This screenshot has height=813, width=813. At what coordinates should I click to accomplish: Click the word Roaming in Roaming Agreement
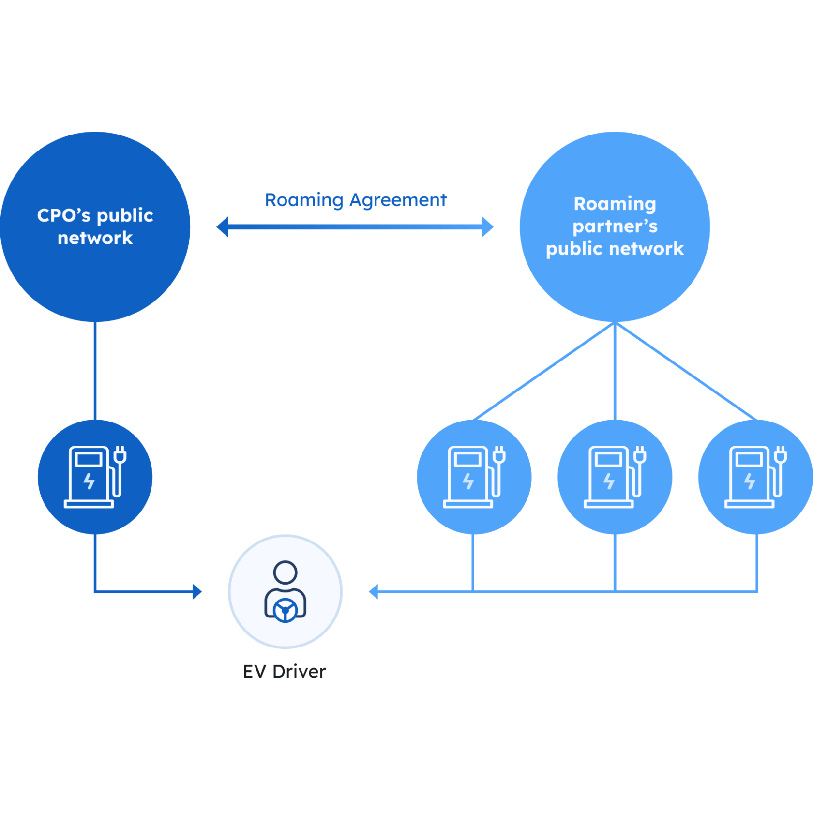(304, 200)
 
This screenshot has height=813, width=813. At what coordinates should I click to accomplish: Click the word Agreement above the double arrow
(398, 200)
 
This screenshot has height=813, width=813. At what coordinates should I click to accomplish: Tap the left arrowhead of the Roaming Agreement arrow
(222, 227)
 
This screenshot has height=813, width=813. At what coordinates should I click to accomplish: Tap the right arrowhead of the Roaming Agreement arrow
(488, 227)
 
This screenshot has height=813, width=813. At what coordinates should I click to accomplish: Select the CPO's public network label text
(95, 226)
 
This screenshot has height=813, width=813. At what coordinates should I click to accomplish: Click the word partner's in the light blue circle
(615, 226)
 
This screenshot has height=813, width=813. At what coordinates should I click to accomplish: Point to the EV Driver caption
(285, 672)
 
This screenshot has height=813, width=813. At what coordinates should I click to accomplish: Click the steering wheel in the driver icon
(285, 610)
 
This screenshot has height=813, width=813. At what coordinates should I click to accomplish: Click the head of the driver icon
(285, 572)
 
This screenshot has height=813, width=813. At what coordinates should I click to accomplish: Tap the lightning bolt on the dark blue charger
(89, 481)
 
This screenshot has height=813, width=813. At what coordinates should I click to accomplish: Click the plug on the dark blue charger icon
(120, 455)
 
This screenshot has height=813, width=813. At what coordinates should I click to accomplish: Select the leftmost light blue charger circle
(474, 477)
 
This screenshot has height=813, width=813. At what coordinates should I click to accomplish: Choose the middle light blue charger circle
(615, 477)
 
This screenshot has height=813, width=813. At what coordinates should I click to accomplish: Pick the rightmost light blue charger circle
(755, 477)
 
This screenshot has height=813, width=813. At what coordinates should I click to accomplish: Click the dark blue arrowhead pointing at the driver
(197, 591)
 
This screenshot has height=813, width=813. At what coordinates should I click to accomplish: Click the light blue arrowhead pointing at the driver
(373, 591)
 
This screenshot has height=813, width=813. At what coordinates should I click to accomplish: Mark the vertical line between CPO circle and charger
(95, 371)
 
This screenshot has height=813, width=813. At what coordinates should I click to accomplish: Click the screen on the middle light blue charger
(608, 459)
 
